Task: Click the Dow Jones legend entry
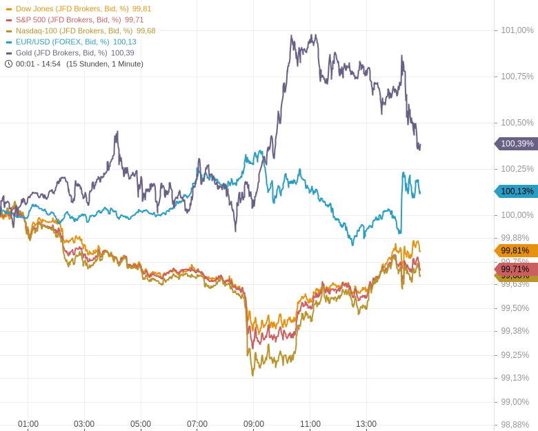coord(72,9)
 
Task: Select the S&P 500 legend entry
coord(68,20)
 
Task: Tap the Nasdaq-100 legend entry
coord(74,31)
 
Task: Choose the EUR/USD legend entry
coord(62,42)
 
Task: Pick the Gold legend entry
coord(61,53)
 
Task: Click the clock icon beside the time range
coord(9,64)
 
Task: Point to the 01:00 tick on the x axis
coord(28,424)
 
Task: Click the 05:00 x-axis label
coord(141,424)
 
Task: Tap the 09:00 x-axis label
coord(253,424)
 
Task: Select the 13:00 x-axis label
coord(366,424)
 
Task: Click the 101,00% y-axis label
coord(517,30)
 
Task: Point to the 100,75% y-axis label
coord(517,77)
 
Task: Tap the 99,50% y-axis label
coord(515,308)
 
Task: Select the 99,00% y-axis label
coord(515,402)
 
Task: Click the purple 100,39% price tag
coord(517,143)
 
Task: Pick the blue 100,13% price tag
coord(517,191)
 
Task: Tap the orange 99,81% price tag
coord(517,250)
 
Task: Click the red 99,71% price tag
coord(517,269)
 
